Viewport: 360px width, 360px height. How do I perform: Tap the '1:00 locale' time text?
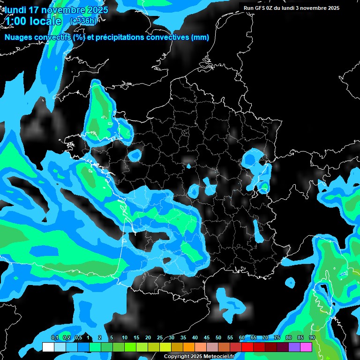(x=33, y=22)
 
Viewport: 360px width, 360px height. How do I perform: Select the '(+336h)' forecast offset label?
(x=84, y=21)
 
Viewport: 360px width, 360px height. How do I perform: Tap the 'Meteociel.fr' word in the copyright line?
(x=225, y=356)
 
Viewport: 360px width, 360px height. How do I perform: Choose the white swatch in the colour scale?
(x=48, y=347)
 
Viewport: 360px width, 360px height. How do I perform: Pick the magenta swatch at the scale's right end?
(x=306, y=347)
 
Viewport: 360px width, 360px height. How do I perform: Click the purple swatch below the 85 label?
(x=294, y=347)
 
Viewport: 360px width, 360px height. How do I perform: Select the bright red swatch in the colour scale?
(x=247, y=347)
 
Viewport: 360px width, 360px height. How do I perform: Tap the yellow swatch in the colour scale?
(x=165, y=347)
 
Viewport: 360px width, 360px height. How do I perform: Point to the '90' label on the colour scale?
(x=312, y=337)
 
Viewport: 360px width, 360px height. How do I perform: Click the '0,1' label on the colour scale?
(x=54, y=337)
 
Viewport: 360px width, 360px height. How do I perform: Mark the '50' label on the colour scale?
(x=218, y=337)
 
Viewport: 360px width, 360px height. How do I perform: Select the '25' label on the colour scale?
(x=160, y=337)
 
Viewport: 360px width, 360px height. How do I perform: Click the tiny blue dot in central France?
(x=189, y=166)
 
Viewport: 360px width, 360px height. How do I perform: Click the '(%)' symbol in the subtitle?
(x=79, y=37)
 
